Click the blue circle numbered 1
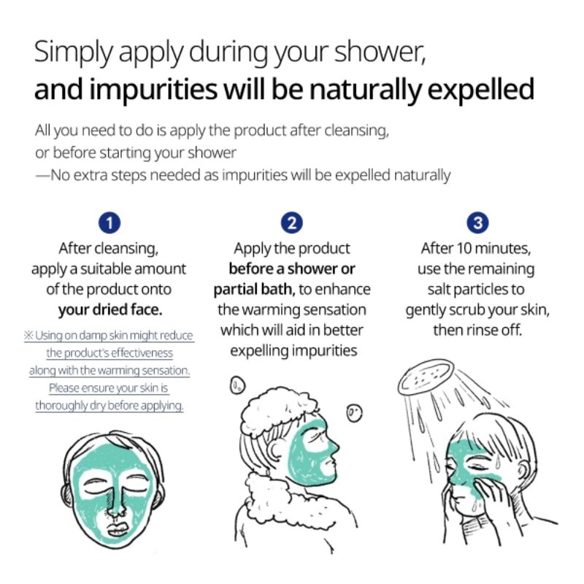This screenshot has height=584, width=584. click(109, 223)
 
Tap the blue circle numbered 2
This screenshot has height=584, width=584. click(291, 223)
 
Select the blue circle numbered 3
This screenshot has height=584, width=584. click(477, 223)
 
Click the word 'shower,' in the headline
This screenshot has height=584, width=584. click(380, 51)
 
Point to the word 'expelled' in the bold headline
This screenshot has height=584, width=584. click(481, 90)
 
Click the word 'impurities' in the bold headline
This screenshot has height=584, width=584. click(153, 90)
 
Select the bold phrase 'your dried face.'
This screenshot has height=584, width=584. click(110, 310)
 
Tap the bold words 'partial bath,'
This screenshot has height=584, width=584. click(254, 289)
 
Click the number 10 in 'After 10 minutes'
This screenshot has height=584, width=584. click(464, 248)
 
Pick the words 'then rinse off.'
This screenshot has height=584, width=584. click(477, 330)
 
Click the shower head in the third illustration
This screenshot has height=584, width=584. click(426, 376)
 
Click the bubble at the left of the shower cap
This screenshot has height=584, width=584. click(237, 385)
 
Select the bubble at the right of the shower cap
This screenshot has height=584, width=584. click(354, 412)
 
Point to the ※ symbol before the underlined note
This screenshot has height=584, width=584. click(29, 336)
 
